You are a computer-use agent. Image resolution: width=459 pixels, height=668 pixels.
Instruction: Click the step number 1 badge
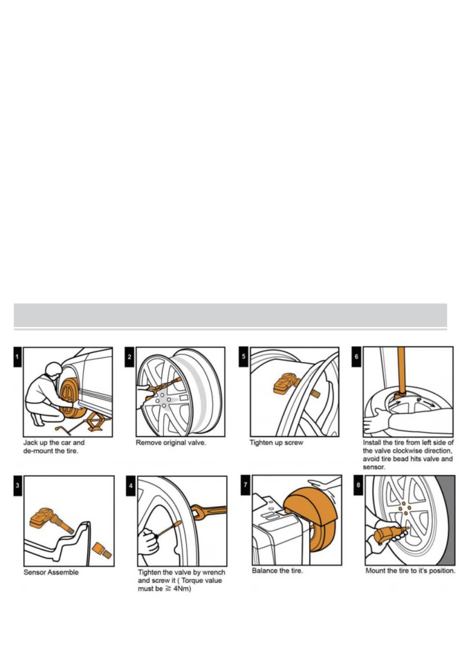[x=17, y=357]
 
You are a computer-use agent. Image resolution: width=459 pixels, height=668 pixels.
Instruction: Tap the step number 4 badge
[x=130, y=486]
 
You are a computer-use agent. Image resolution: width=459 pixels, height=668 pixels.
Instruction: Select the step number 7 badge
[x=245, y=484]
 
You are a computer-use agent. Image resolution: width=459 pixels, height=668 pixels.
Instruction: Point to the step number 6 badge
[x=357, y=356]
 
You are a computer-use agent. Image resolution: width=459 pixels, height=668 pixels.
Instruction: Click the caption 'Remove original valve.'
[x=171, y=442]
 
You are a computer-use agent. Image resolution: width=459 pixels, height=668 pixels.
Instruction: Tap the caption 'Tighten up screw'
[x=276, y=442]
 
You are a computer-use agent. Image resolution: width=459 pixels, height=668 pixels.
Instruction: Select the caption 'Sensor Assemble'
[x=51, y=572]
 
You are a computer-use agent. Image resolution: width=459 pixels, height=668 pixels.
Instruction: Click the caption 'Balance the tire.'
[x=277, y=570]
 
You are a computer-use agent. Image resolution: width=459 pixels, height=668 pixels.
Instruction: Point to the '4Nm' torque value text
[x=182, y=589]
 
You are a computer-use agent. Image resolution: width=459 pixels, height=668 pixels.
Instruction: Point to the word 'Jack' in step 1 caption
[x=30, y=442]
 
